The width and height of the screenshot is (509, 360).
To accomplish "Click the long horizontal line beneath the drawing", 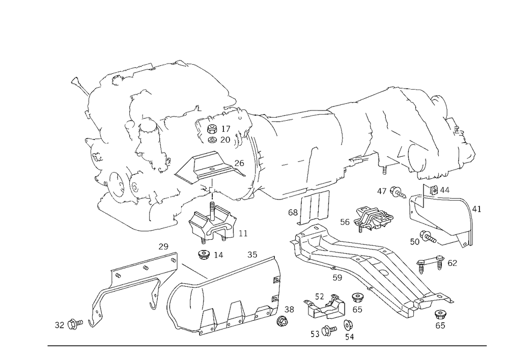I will [x=267, y=345].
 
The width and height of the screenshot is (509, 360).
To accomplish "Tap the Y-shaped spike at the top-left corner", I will [x=77, y=81].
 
